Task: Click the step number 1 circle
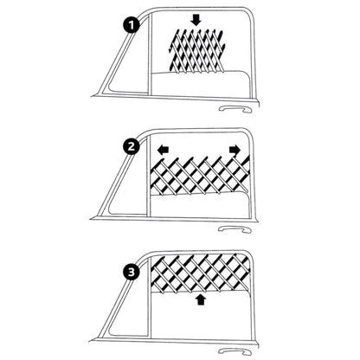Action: point(132,25)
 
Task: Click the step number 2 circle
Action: point(132,147)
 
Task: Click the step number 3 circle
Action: point(132,272)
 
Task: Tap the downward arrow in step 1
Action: point(196,21)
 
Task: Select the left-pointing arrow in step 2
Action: point(164,150)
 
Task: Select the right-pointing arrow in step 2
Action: point(235,150)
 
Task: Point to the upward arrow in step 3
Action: point(201,299)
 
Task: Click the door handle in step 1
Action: point(235,109)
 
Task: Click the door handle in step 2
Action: point(235,229)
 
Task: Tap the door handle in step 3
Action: point(235,351)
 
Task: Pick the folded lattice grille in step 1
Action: point(196,50)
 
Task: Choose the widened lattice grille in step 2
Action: point(200,175)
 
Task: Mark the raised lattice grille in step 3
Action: point(200,273)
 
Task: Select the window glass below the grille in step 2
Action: point(200,205)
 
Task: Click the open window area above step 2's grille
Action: point(199,145)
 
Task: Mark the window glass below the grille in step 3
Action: point(200,315)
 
